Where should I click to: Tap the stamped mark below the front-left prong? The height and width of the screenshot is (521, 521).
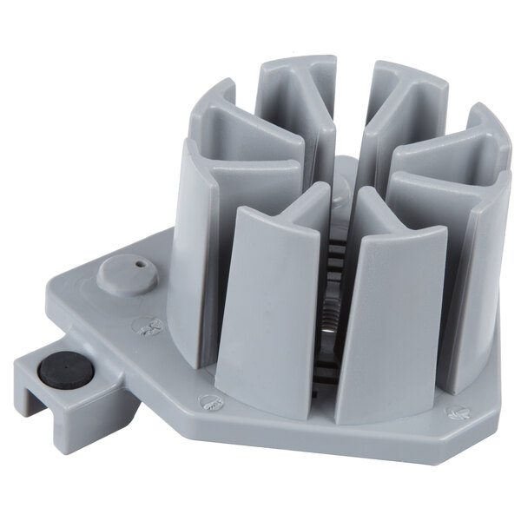[x=209, y=401]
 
